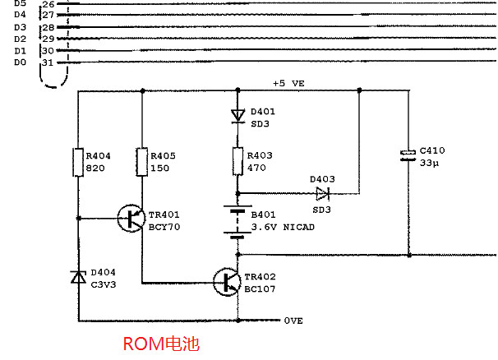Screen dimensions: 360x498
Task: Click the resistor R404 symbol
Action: click(78, 163)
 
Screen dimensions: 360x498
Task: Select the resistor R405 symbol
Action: click(141, 163)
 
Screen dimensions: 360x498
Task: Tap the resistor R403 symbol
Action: click(237, 162)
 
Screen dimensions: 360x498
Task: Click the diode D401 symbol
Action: click(237, 114)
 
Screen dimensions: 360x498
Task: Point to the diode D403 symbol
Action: click(321, 194)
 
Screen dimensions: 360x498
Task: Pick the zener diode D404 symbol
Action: click(78, 276)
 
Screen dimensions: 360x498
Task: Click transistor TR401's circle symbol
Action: click(131, 219)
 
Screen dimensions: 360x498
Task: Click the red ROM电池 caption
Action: click(161, 344)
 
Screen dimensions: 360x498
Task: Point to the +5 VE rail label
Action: click(289, 84)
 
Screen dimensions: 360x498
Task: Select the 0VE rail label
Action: click(293, 321)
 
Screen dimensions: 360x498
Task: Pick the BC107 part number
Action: click(260, 288)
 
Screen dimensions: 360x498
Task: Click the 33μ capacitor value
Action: click(431, 163)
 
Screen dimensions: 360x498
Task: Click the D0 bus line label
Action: click(20, 62)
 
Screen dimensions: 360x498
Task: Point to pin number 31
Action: click(48, 62)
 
